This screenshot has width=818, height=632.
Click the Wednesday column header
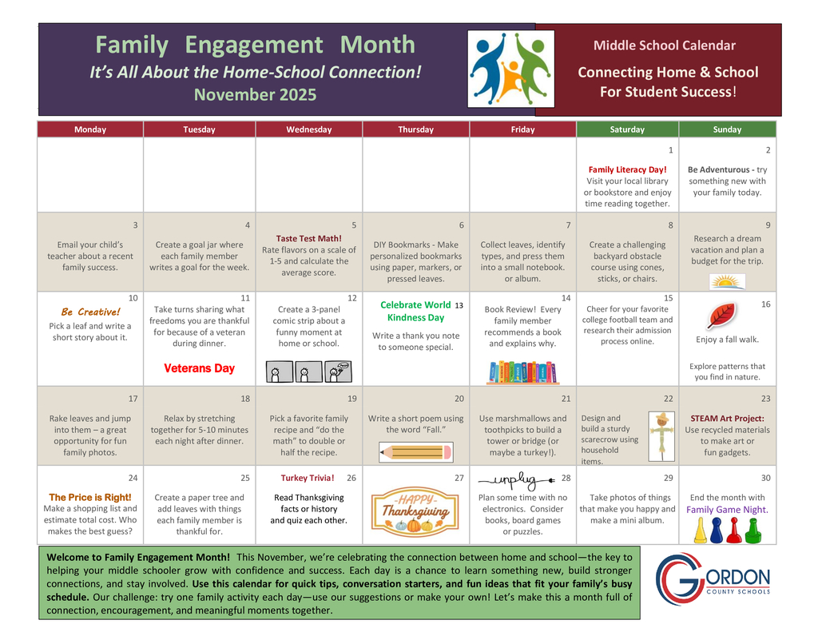308,129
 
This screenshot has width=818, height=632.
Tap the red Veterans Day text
199,368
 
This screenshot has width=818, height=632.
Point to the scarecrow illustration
661,434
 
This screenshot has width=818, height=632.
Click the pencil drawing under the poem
415,451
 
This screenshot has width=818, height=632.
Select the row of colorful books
522,372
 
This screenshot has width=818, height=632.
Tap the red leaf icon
721,316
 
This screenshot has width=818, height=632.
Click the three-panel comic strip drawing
308,371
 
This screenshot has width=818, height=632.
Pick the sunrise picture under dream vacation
727,281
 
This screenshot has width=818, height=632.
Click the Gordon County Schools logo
713,582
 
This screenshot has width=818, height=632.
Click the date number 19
351,398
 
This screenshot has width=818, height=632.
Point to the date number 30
765,478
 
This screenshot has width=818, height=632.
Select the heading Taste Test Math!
308,238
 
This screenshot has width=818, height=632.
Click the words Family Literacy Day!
627,169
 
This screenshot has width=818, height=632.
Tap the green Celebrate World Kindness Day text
415,311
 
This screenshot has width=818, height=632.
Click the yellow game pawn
700,529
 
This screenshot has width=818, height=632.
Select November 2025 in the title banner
255,95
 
